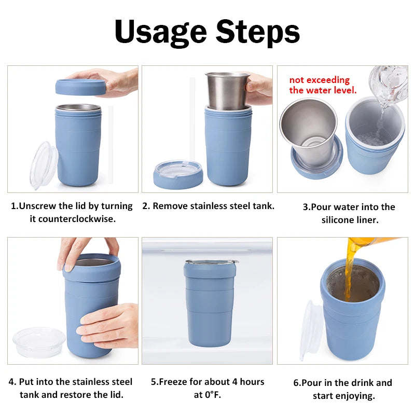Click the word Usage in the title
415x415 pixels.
click(161, 32)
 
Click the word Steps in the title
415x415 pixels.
click(258, 32)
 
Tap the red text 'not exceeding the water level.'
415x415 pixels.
click(323, 85)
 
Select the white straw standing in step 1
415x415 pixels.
click(110, 145)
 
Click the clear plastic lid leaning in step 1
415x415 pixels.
click(43, 165)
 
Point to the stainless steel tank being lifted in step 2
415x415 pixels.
click(227, 91)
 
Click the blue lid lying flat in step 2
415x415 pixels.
click(178, 175)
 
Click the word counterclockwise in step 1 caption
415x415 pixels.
click(73, 219)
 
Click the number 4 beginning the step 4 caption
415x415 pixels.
click(11, 382)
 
